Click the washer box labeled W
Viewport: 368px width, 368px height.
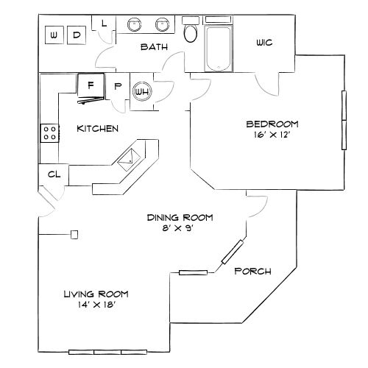(x=54, y=35)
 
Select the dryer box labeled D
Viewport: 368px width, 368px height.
(x=77, y=35)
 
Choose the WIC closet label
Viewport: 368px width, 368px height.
(x=264, y=43)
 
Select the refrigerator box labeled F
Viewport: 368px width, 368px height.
(x=91, y=85)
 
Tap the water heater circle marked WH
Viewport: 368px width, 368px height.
(x=141, y=91)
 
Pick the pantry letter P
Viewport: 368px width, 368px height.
(x=117, y=86)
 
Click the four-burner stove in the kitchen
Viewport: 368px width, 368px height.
(x=51, y=132)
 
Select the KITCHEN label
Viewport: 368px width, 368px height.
(x=98, y=129)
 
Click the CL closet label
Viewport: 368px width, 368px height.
(x=53, y=174)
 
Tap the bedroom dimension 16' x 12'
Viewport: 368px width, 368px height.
(x=267, y=134)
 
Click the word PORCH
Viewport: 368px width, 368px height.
(x=252, y=272)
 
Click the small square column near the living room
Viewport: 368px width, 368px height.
(x=74, y=235)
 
